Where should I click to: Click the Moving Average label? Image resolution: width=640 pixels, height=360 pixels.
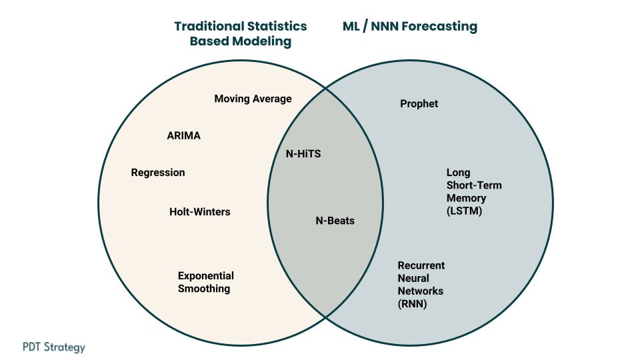tap(253, 99)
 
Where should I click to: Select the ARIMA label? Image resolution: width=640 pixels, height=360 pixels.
tap(184, 135)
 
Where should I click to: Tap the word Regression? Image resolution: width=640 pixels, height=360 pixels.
tap(158, 173)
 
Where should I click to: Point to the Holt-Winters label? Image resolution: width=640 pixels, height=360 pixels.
tap(200, 212)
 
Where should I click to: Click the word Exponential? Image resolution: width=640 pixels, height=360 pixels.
tap(206, 276)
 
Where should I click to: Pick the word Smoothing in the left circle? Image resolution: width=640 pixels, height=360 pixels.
tap(204, 289)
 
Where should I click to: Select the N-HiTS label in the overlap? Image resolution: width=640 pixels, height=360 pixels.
tap(303, 154)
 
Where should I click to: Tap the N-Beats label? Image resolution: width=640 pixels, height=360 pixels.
tap(335, 221)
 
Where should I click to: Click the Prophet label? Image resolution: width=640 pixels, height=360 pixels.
tap(419, 104)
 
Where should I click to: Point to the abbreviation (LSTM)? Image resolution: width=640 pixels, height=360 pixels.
tap(465, 211)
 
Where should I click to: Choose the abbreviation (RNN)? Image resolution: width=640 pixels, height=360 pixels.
tap(412, 304)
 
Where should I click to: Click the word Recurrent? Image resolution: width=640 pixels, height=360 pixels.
tap(421, 265)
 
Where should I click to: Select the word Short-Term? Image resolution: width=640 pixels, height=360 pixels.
tap(474, 185)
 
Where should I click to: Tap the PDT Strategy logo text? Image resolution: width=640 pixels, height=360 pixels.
tap(54, 347)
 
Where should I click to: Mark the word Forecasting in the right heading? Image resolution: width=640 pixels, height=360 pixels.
tap(439, 27)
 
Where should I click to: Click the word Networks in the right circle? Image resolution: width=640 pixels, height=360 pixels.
tap(421, 291)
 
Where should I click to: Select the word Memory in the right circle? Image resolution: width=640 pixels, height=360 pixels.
tap(466, 199)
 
